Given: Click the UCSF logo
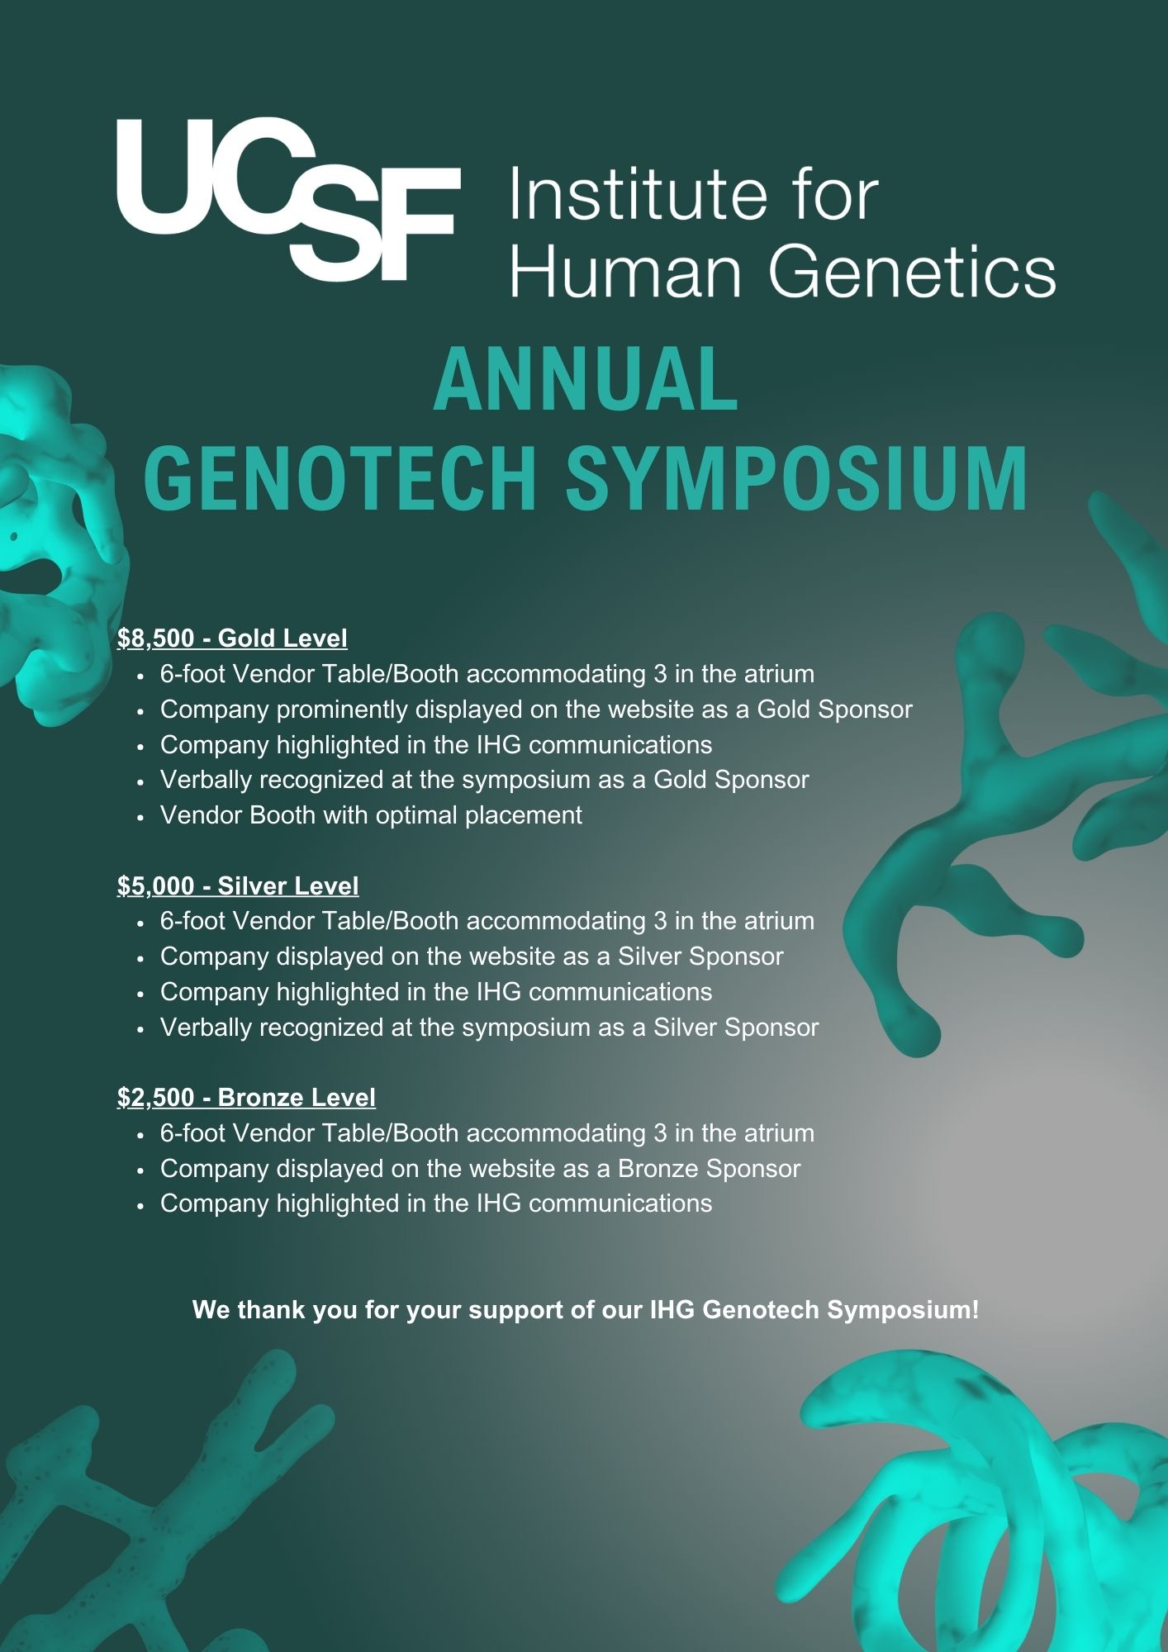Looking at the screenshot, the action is [x=288, y=200].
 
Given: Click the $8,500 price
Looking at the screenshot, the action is [x=156, y=638].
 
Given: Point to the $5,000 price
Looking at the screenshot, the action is [x=156, y=886].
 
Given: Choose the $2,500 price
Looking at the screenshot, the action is [x=156, y=1098].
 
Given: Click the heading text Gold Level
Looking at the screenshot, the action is [x=283, y=638].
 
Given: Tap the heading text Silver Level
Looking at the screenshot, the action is [x=288, y=886].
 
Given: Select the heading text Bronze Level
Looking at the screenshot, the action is [x=297, y=1098].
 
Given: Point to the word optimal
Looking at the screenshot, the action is [x=416, y=816].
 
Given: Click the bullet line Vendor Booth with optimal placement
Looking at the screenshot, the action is [x=371, y=815].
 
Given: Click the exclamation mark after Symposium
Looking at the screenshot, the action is [x=976, y=1310].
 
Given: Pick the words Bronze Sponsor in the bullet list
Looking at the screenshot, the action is [x=710, y=1169].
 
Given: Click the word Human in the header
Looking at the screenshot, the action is [x=626, y=272].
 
